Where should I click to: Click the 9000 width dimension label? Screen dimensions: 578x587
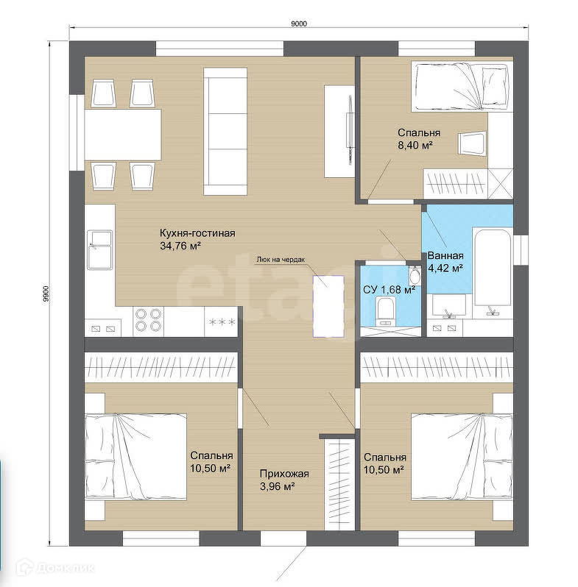tap(298, 24)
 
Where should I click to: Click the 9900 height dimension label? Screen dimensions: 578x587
tap(46, 293)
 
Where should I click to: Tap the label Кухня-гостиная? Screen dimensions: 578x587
tap(197, 233)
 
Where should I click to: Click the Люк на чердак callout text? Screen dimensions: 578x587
tap(281, 260)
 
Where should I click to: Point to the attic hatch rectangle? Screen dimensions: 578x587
tap(328, 306)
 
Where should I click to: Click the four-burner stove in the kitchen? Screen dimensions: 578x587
tap(149, 319)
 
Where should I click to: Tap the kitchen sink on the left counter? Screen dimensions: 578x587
tap(99, 249)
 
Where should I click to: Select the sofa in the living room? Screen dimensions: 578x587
tap(225, 131)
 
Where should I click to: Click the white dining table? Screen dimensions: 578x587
tap(123, 135)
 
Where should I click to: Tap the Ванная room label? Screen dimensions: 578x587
tap(445, 256)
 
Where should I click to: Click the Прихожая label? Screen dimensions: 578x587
tap(284, 474)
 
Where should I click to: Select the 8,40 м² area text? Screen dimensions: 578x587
tap(415, 145)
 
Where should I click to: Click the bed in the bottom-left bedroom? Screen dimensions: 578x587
tap(135, 456)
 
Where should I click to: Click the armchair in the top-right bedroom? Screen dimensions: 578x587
tap(472, 143)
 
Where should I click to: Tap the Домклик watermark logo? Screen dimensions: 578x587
tap(56, 569)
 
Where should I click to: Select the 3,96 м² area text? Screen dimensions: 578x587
tap(277, 487)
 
